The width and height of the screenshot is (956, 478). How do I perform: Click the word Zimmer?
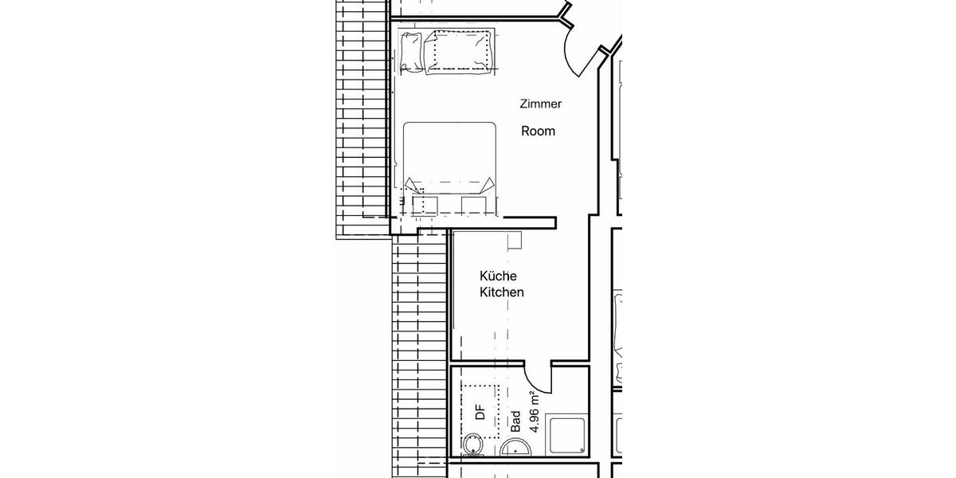tap(541, 104)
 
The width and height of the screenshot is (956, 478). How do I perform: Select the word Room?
tap(538, 131)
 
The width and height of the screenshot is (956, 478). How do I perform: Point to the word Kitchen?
tap(501, 292)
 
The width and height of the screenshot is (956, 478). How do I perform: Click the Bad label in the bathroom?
tap(515, 421)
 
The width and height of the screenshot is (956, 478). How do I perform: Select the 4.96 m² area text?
tap(535, 412)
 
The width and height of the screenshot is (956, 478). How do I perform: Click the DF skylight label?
tap(480, 412)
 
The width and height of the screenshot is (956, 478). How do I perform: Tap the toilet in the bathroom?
tap(473, 445)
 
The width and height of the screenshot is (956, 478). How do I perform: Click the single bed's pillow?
tap(411, 51)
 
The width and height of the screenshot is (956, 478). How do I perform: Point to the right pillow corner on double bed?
tap(485, 185)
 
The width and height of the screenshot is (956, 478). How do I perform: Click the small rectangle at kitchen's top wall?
tap(514, 238)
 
